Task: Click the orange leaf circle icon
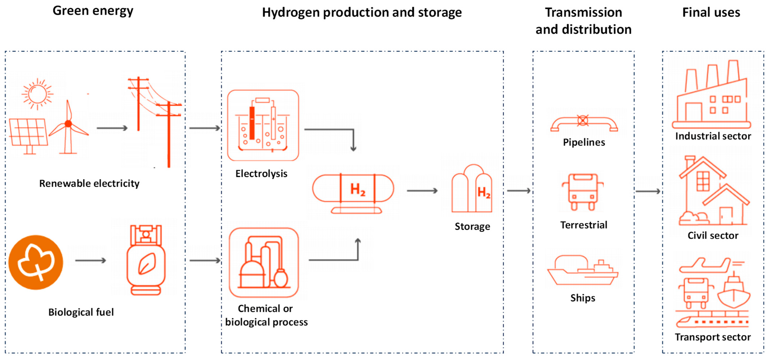click(36, 262)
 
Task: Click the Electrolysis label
click(261, 174)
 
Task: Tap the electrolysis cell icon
click(263, 125)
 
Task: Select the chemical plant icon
click(264, 262)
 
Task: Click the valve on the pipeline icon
click(583, 121)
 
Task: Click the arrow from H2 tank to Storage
click(422, 191)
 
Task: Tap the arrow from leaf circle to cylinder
click(90, 260)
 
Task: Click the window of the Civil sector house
click(703, 181)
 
